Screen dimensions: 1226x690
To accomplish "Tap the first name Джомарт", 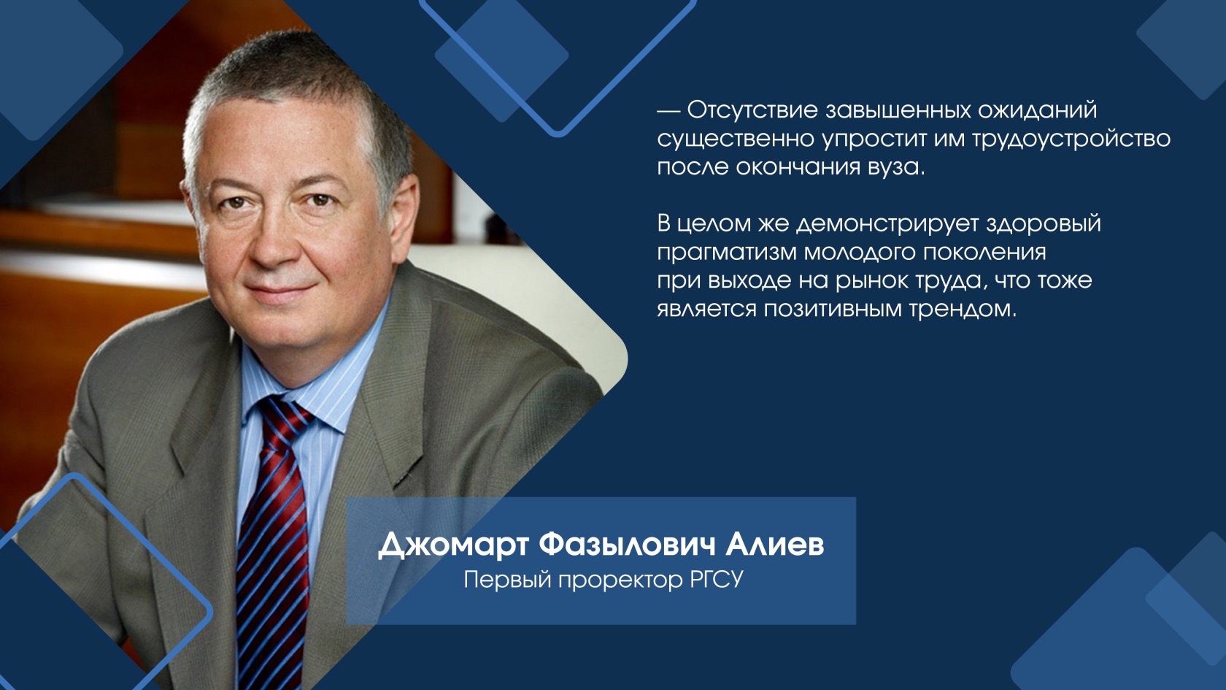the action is (x=454, y=546).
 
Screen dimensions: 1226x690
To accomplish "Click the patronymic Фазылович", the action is (x=628, y=545).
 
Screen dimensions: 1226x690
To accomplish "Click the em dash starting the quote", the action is (x=668, y=111).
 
